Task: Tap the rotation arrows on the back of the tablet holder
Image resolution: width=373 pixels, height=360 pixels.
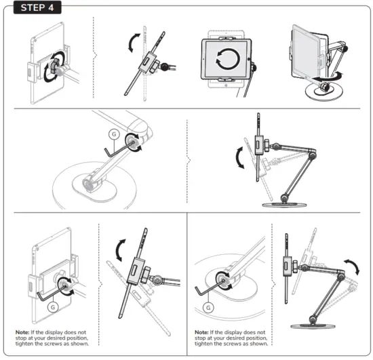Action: (x=50, y=70)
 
